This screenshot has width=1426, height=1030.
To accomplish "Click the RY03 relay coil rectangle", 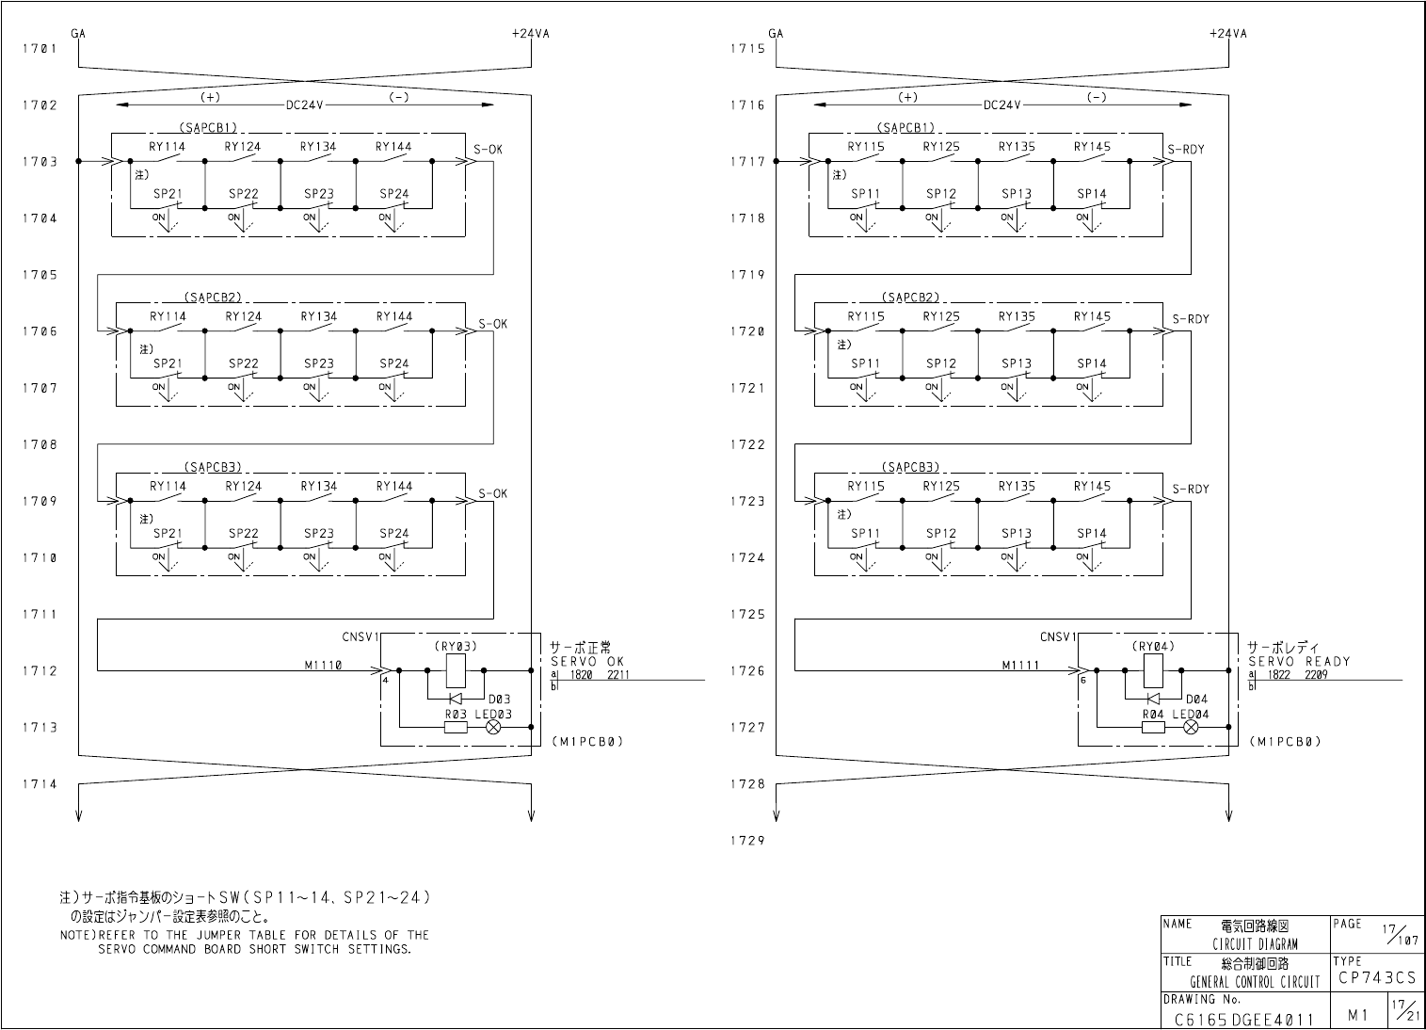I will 456,670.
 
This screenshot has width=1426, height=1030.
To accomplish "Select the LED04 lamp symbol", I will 1191,727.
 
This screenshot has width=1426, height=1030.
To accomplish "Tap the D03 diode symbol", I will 455,699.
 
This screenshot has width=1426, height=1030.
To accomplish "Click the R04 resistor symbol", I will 1152,727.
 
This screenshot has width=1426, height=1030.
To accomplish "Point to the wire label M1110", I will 323,665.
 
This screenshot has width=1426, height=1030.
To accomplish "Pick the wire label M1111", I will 1020,665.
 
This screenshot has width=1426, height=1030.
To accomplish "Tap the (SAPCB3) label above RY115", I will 911,467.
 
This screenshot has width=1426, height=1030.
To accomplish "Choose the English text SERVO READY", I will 1299,662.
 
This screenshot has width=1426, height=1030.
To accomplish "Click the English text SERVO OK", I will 587,662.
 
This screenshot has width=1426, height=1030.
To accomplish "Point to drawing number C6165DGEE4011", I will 1242,1019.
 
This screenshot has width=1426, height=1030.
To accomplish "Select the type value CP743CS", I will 1376,978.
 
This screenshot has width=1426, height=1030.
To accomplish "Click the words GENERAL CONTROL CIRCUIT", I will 1255,982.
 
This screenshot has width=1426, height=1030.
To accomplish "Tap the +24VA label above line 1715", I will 1228,33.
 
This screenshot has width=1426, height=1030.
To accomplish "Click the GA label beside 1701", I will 78,33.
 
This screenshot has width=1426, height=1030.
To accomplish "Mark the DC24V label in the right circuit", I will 1001,105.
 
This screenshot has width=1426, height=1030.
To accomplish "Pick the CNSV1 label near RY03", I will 361,637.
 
